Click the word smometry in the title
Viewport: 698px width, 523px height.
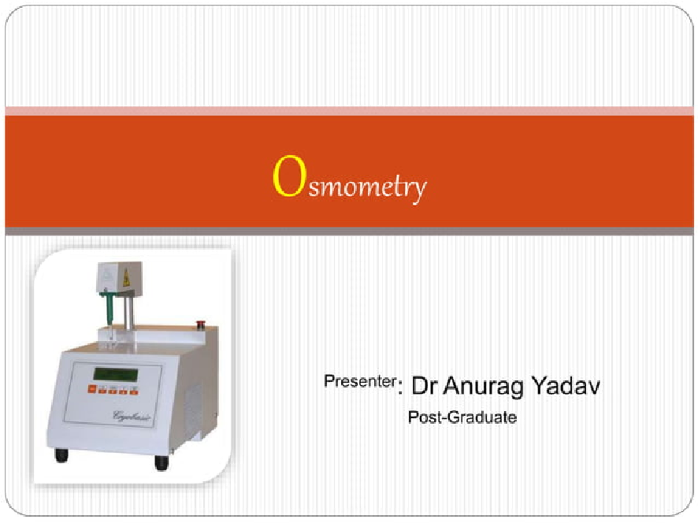pos(368,188)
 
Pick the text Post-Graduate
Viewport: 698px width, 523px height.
pos(462,417)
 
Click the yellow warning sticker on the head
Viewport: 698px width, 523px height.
pos(126,279)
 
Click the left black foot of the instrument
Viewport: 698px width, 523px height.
pos(61,454)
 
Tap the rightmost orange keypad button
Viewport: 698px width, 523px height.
pos(134,390)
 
